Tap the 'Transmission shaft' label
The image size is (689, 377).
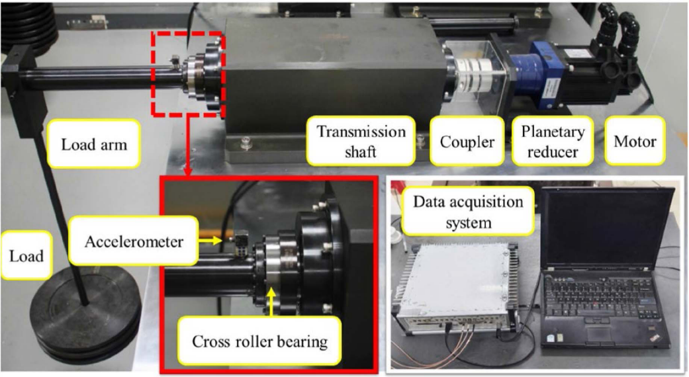click(361, 141)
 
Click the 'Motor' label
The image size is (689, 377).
click(635, 142)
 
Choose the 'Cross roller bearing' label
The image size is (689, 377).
click(260, 341)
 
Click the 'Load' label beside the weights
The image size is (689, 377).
click(26, 255)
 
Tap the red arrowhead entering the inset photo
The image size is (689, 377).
click(189, 173)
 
